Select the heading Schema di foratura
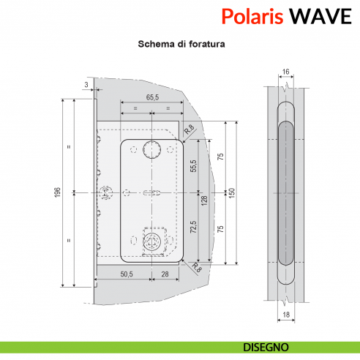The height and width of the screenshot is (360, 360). click(x=181, y=44)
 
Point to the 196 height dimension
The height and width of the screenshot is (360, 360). click(x=57, y=192)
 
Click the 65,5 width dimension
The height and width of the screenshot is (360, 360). click(x=152, y=97)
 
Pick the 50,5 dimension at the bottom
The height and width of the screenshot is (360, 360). click(x=125, y=274)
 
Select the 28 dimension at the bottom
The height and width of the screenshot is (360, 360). click(x=165, y=274)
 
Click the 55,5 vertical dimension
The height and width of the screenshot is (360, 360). click(x=193, y=167)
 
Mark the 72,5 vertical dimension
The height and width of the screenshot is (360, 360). click(x=193, y=227)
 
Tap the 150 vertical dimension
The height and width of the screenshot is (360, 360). click(x=232, y=192)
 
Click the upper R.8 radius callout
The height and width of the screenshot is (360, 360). click(x=190, y=130)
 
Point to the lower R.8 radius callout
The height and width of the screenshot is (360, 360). click(x=197, y=268)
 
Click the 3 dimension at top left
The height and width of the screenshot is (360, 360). click(x=86, y=86)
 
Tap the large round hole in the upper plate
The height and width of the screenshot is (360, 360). click(x=153, y=149)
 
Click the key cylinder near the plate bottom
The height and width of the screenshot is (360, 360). click(x=153, y=241)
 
